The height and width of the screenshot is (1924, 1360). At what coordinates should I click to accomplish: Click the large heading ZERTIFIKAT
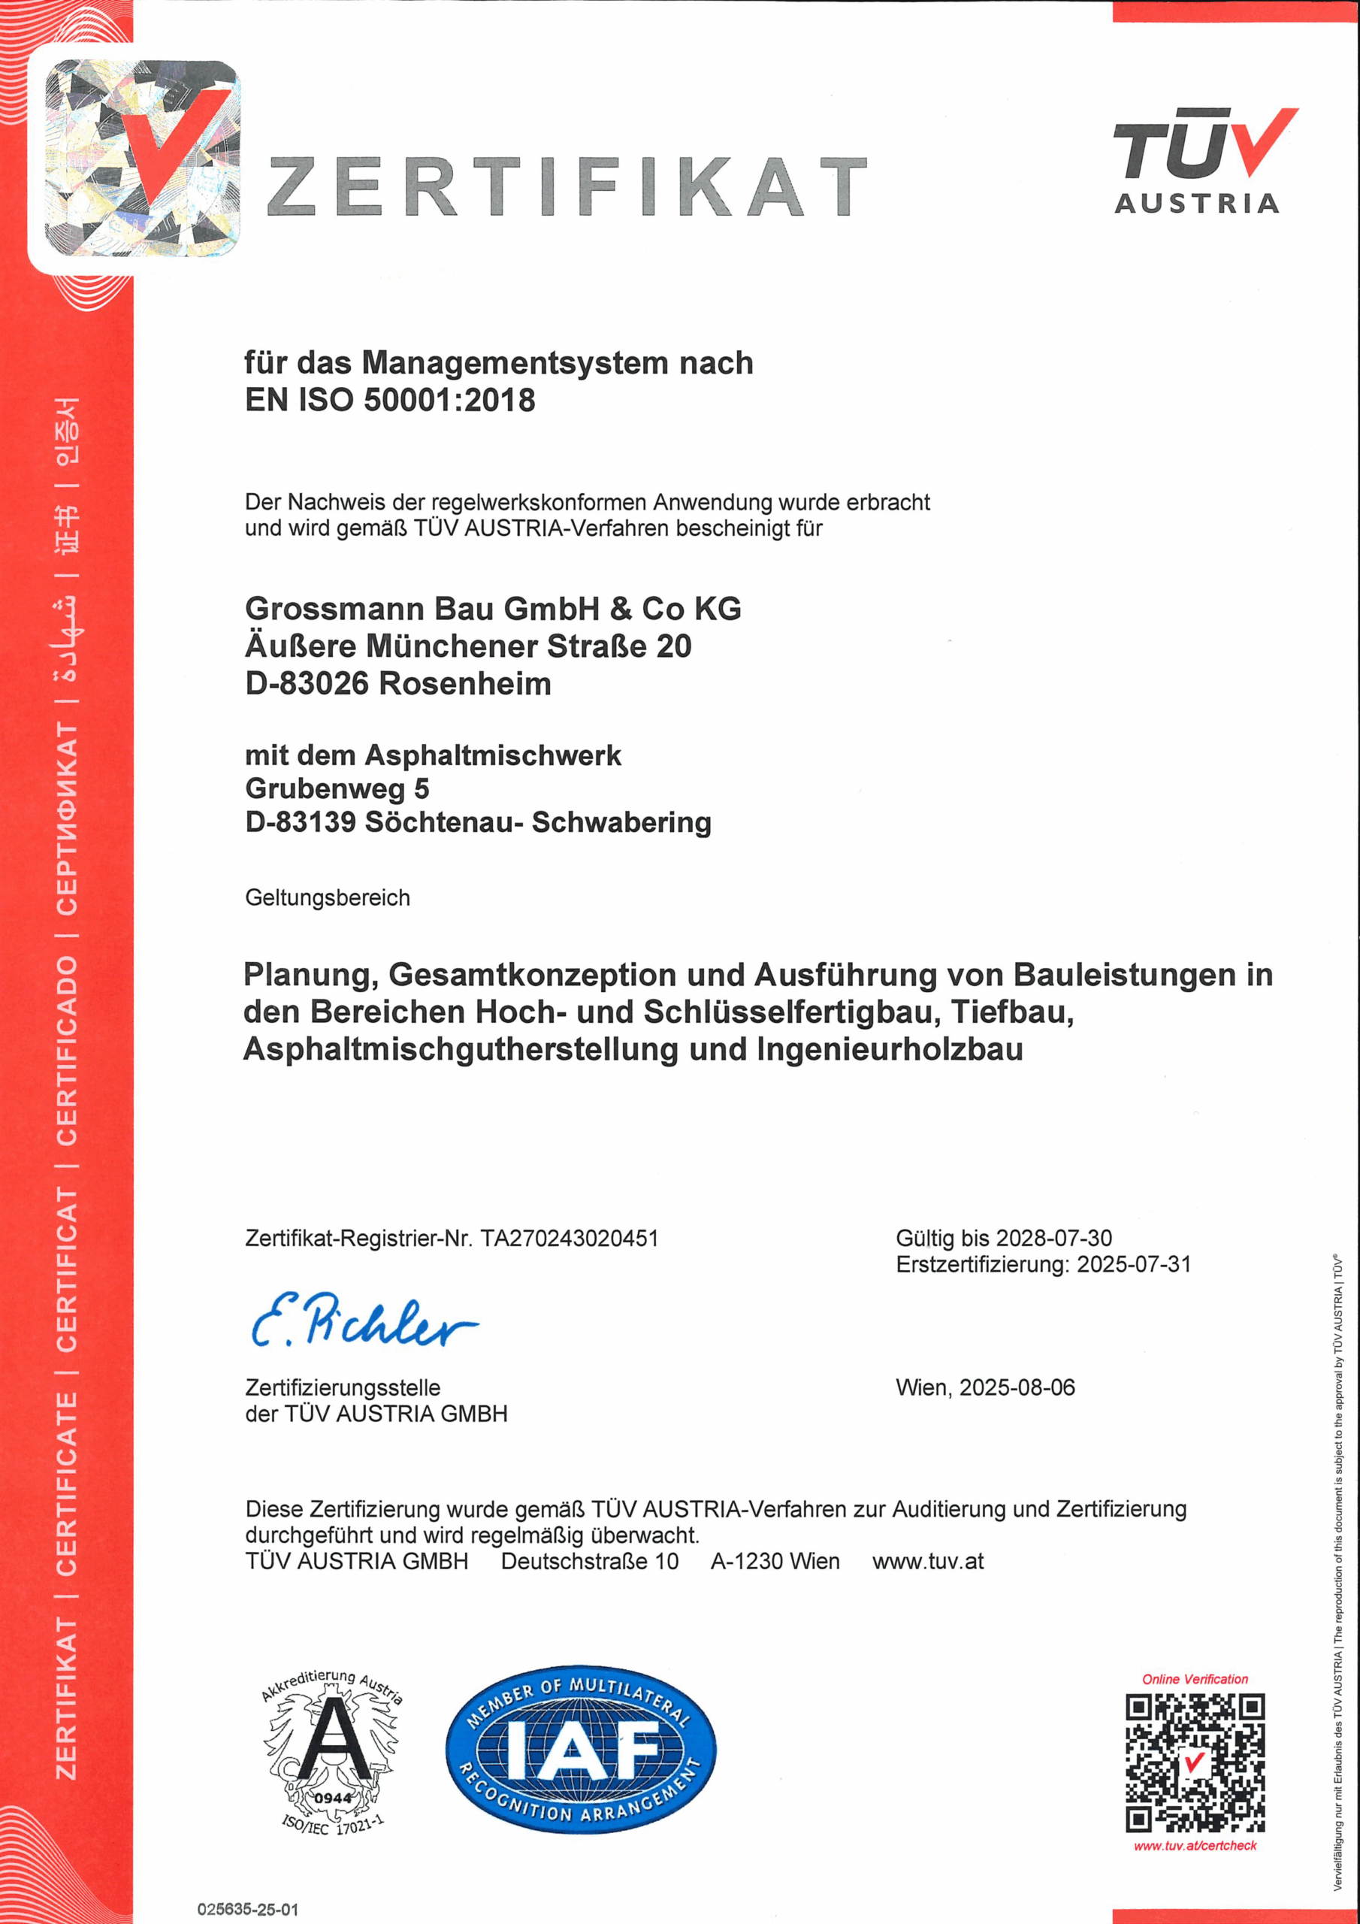567,186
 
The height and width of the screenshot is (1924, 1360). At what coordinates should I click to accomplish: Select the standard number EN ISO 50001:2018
390,401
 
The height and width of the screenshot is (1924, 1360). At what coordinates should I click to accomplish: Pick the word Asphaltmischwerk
492,756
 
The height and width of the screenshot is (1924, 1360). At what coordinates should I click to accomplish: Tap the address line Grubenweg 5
337,789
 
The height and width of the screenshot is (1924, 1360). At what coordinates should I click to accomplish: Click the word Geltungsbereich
328,898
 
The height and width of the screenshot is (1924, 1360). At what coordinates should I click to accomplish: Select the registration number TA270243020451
570,1239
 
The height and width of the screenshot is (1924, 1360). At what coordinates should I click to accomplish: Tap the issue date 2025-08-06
1017,1387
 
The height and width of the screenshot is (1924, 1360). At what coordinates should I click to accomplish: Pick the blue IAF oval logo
580,1750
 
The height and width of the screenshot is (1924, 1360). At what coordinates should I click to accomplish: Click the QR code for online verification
1194,1763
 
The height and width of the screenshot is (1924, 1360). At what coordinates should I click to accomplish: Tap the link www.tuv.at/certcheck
1195,1846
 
